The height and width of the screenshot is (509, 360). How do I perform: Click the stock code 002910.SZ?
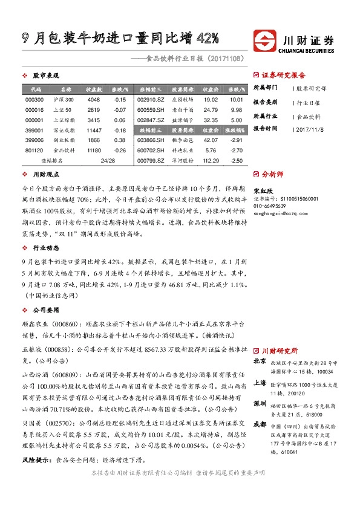pyautogui.click(x=151, y=99)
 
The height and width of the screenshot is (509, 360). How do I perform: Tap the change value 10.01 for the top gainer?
pyautogui.click(x=237, y=99)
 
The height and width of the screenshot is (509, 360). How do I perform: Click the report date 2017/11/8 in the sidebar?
pyautogui.click(x=310, y=128)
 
